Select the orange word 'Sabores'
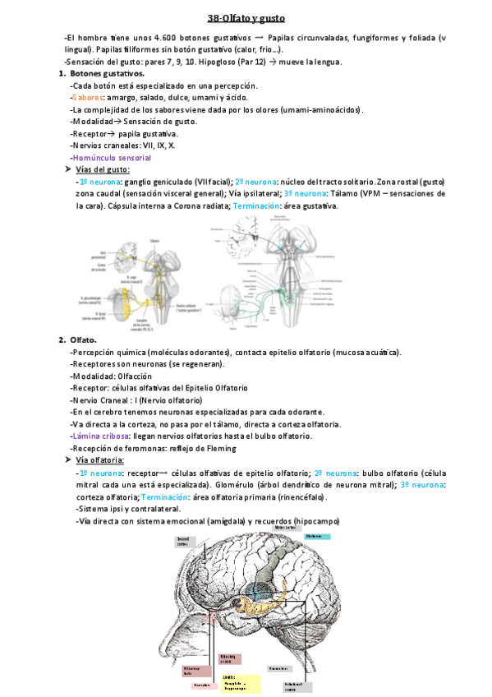click(x=86, y=98)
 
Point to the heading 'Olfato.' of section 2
click(x=84, y=339)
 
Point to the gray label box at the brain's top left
click(x=187, y=541)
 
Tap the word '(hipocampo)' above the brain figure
click(x=315, y=521)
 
